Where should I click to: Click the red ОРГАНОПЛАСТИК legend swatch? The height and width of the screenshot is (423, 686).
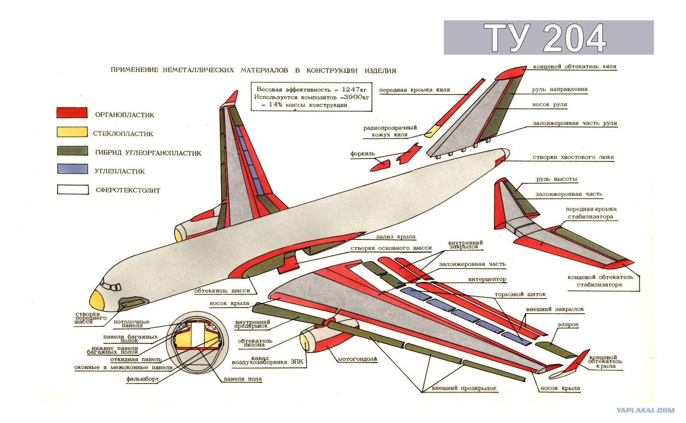point(72,112)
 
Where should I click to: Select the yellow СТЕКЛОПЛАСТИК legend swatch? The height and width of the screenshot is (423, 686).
point(72,132)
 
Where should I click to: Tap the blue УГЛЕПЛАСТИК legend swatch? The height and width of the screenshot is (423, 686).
point(72,169)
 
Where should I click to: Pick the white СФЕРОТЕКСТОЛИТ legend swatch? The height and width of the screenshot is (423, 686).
point(73,190)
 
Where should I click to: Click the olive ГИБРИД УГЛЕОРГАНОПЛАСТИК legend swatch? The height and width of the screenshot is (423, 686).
point(72,151)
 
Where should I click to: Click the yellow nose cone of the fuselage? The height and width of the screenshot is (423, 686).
point(97,299)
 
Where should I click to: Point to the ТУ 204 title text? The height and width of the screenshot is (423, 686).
point(545,38)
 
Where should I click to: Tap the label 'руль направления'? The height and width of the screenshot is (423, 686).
point(560,90)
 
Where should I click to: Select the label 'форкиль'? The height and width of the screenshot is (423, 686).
point(363,154)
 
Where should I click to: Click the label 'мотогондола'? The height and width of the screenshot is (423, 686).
point(357,359)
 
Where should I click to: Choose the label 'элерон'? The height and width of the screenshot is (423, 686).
point(568,324)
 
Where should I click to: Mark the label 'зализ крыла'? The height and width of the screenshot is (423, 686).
point(396,237)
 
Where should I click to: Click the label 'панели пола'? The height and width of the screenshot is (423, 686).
point(243,379)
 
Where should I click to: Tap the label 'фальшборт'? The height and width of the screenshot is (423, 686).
point(142,379)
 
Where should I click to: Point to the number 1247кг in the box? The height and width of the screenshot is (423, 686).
point(354,90)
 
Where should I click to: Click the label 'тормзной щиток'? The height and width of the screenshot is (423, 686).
point(520,294)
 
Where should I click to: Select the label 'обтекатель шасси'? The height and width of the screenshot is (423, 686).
point(222,290)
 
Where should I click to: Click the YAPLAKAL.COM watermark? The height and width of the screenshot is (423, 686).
point(645,410)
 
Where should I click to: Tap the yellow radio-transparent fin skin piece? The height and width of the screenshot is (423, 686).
point(432,131)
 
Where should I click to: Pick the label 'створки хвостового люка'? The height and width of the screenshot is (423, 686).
point(573,157)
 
